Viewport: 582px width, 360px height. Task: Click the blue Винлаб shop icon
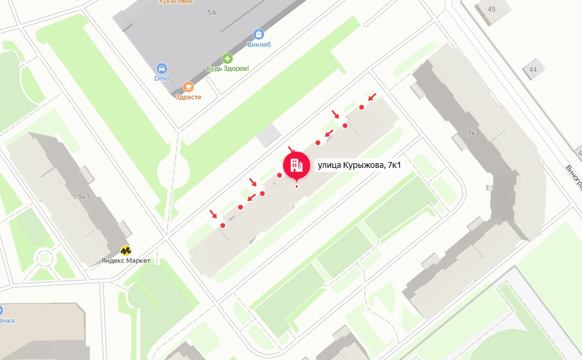coord(258,34)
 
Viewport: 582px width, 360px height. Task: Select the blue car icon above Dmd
coord(162,69)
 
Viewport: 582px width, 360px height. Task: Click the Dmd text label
coord(162,79)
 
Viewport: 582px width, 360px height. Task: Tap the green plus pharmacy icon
coord(227,58)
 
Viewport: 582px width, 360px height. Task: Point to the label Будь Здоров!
coord(227,69)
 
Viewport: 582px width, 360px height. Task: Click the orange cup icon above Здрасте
coord(188,87)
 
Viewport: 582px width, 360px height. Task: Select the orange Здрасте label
coord(188,98)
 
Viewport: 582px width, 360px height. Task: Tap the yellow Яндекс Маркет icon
coord(126,250)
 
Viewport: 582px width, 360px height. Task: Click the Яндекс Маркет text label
coord(126,261)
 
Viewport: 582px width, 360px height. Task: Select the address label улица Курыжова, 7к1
coord(359,166)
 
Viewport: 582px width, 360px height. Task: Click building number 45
coord(492,9)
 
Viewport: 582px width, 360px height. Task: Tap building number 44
coord(533,70)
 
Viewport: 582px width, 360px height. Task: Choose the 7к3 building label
coord(473,133)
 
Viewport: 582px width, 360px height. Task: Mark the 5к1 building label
coord(83,196)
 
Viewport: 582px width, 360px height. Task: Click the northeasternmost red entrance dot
coord(362,107)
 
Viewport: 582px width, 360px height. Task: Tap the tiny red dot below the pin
coord(297,187)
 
